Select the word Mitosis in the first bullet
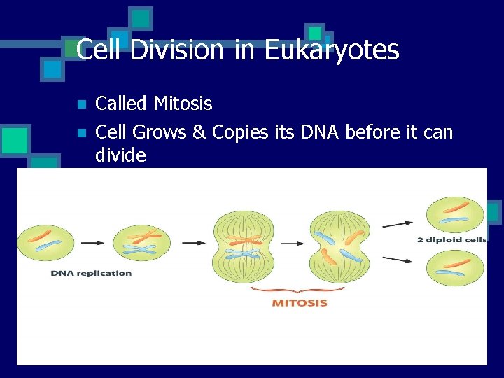pyautogui.click(x=183, y=104)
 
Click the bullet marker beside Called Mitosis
pyautogui.click(x=81, y=105)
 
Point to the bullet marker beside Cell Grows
pyautogui.click(x=81, y=132)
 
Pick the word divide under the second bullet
pyautogui.click(x=120, y=155)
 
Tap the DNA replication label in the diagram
pyautogui.click(x=91, y=273)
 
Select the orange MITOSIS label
pyautogui.click(x=299, y=303)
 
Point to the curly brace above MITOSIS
pyautogui.click(x=299, y=290)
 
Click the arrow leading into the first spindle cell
pyautogui.click(x=194, y=243)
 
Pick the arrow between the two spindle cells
pyautogui.click(x=294, y=243)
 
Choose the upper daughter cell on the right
pyautogui.click(x=455, y=213)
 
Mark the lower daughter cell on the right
pyautogui.click(x=455, y=267)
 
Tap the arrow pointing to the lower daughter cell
pyautogui.click(x=397, y=260)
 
